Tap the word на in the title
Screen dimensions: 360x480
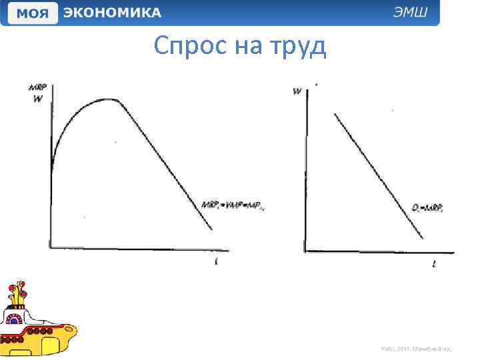[246, 47]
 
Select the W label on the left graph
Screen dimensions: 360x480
[37, 99]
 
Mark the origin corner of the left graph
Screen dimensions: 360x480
[51, 248]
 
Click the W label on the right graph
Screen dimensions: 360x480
[296, 91]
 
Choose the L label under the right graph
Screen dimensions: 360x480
[434, 264]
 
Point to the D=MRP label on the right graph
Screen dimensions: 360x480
[427, 208]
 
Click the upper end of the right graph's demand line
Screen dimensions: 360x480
[335, 115]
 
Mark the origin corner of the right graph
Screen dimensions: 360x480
[305, 251]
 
